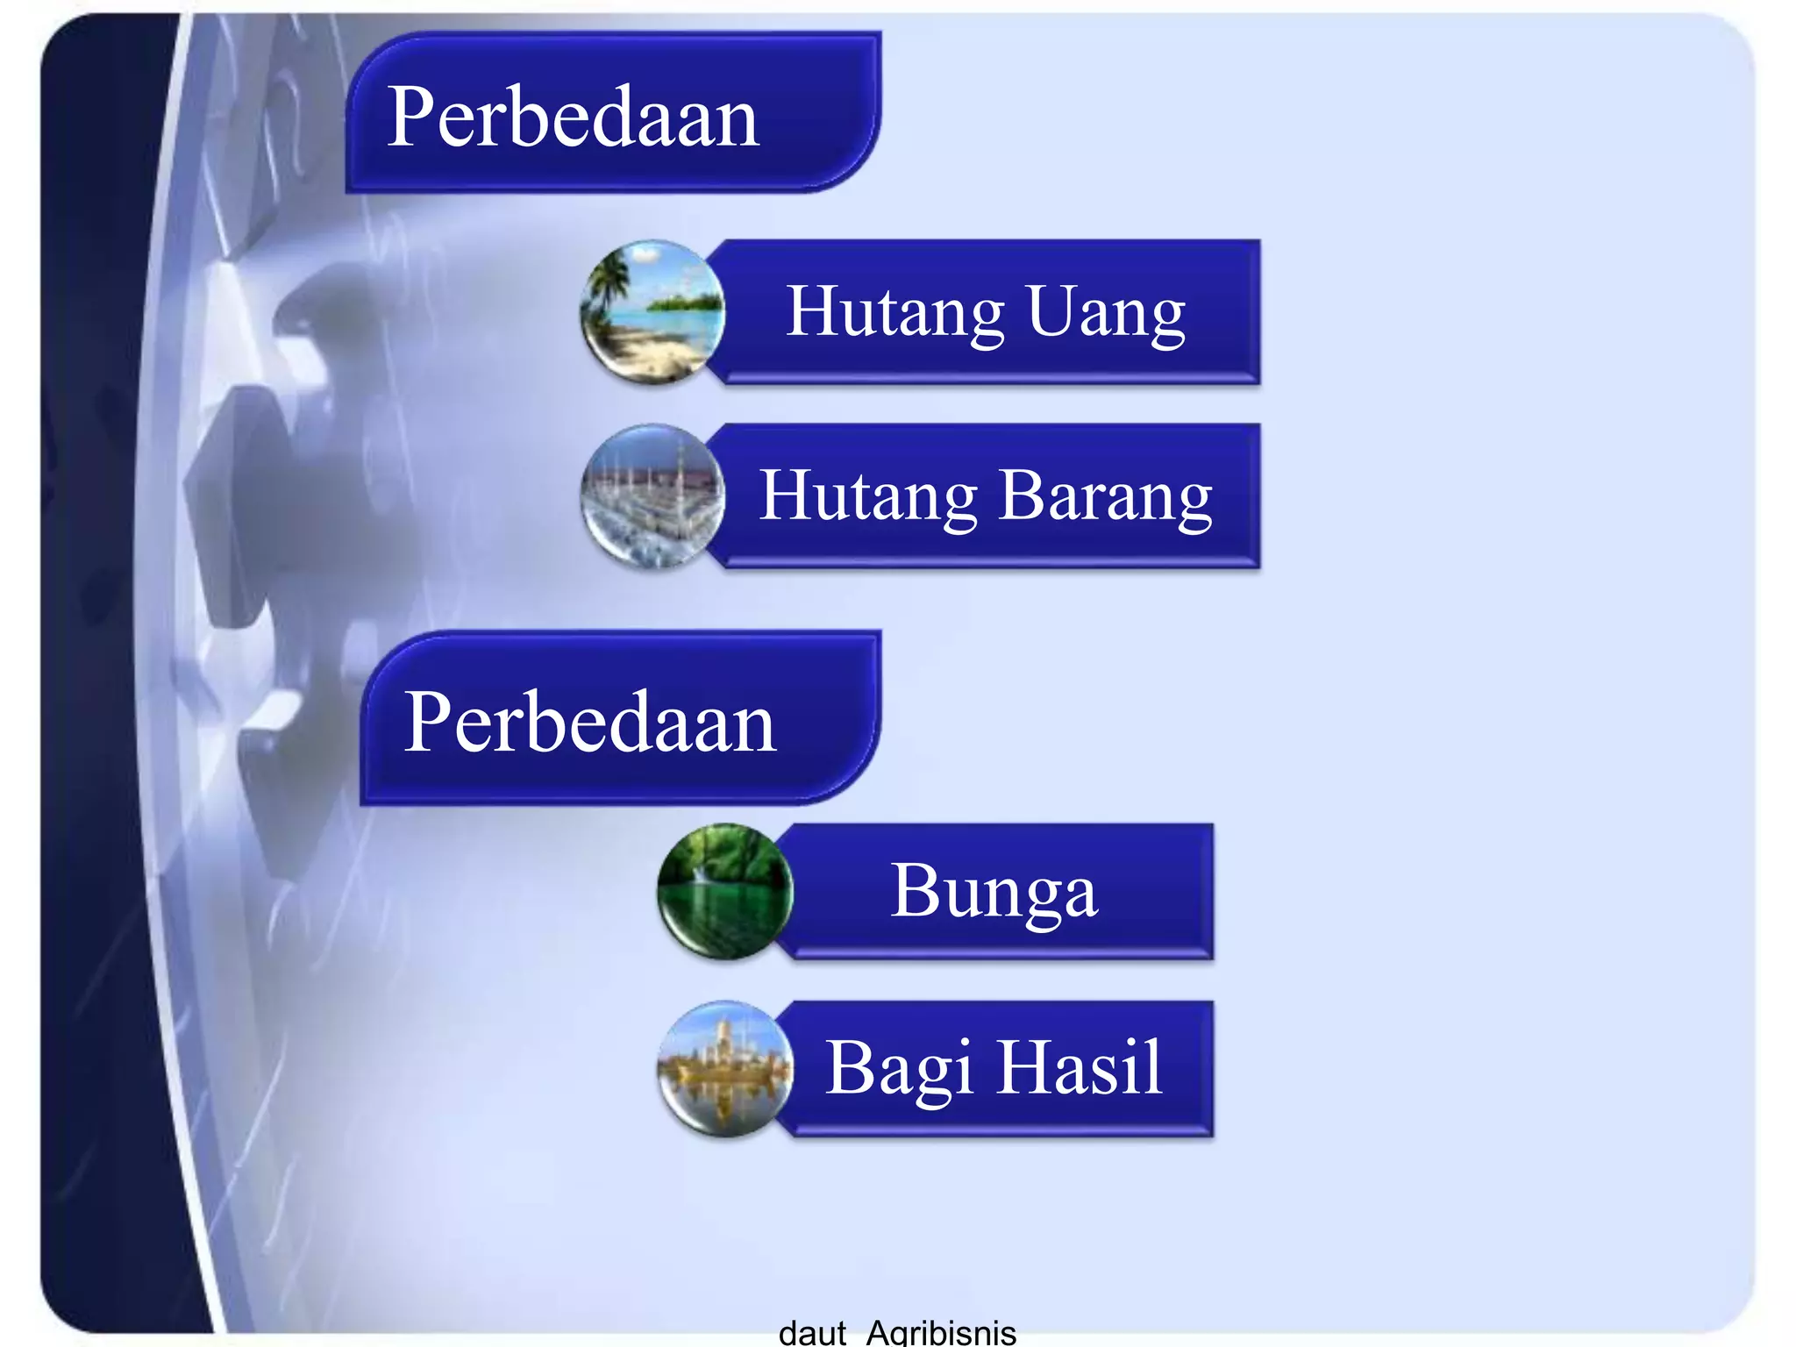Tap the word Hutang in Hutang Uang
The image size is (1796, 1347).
(x=894, y=313)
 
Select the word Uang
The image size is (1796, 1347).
(x=1106, y=313)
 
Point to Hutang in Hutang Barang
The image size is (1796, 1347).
(x=867, y=497)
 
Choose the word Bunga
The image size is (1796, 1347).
(x=994, y=892)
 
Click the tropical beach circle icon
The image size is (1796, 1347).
(x=653, y=313)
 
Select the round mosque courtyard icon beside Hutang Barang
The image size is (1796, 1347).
(x=653, y=497)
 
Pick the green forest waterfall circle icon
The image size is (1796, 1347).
(x=725, y=892)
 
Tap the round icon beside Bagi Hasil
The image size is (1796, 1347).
(x=725, y=1069)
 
